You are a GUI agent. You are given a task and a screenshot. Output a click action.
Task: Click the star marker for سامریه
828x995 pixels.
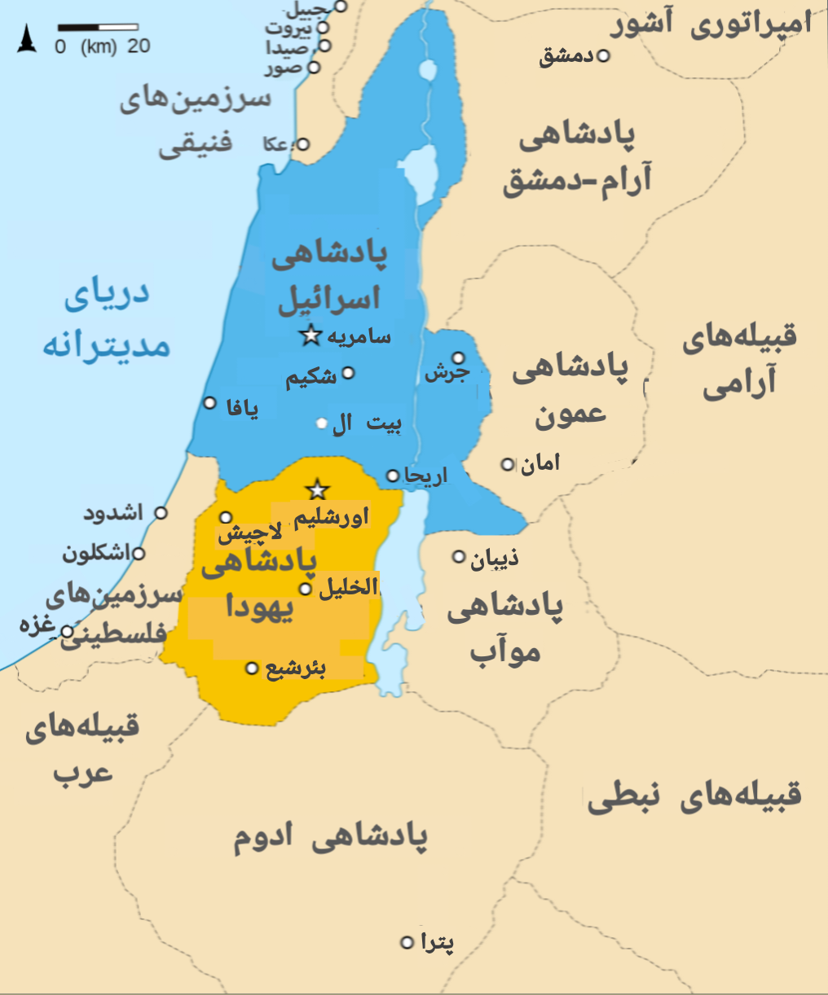pos(310,335)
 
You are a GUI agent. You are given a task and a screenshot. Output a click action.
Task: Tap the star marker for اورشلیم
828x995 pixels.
pos(317,490)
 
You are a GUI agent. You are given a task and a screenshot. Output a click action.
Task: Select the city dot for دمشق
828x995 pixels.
pos(603,56)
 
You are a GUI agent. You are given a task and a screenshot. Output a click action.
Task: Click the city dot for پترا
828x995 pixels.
pos(407,943)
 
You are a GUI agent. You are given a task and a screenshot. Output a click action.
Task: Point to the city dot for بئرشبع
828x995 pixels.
pos(252,668)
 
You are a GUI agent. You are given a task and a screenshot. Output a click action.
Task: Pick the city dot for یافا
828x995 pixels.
pos(210,403)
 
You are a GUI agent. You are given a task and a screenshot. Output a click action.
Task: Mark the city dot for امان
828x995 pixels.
pos(508,464)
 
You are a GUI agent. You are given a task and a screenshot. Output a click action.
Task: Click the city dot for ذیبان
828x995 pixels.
pos(459,557)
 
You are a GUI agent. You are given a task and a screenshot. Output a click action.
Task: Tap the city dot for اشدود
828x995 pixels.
pos(161,513)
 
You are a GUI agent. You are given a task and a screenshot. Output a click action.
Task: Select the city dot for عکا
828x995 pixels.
pos(302,144)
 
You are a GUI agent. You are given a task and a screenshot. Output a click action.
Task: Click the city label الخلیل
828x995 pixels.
pos(348,587)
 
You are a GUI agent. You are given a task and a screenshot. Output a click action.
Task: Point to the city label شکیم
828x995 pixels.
pos(310,377)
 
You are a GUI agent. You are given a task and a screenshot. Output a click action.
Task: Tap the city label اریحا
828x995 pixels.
pos(425,476)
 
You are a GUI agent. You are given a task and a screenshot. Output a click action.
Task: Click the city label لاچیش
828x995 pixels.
pos(249,534)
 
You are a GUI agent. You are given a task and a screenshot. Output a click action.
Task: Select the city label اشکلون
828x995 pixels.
pos(96,554)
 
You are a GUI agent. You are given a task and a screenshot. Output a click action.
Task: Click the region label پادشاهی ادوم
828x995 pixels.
pos(330,838)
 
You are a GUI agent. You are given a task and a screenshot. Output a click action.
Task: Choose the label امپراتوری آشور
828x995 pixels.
pos(711,24)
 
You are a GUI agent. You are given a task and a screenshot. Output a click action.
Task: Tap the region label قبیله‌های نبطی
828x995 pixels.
pos(694,796)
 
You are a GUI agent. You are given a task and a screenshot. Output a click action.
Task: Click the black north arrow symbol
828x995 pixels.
pos(28,39)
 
